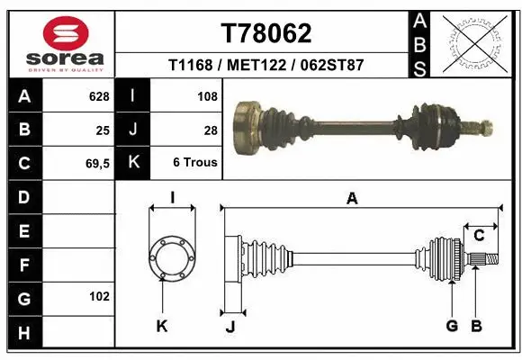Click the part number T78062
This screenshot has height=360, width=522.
click(x=266, y=33)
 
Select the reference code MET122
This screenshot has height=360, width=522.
click(x=265, y=66)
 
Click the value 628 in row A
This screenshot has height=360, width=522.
click(x=98, y=95)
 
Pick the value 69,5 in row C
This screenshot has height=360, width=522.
click(x=95, y=163)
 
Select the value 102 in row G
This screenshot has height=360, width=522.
click(x=98, y=296)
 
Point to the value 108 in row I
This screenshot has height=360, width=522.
click(x=207, y=95)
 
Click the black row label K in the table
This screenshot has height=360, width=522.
click(x=133, y=163)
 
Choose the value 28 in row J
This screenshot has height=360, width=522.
click(x=211, y=130)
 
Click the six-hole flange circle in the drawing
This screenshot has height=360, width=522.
click(x=172, y=258)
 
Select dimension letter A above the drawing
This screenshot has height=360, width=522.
click(x=352, y=199)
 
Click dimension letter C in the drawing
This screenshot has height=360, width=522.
click(x=479, y=235)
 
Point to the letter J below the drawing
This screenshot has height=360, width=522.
click(x=230, y=327)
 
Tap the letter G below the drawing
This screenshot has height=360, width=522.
click(x=452, y=326)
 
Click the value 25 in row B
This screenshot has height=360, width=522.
click(x=103, y=130)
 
